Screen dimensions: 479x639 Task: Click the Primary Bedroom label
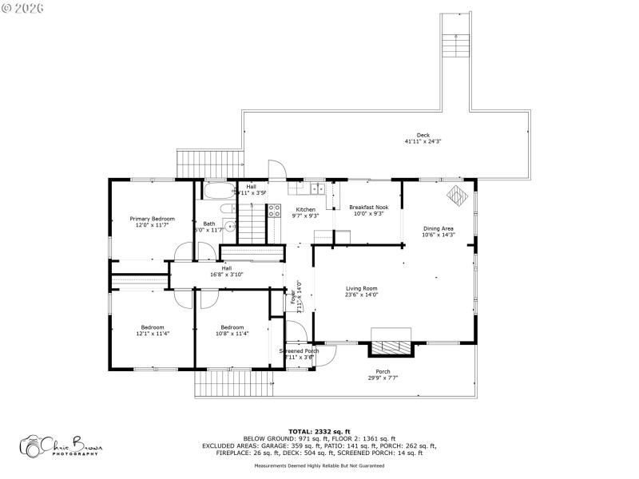[152, 221]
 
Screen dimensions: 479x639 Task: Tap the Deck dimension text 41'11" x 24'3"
[423, 141]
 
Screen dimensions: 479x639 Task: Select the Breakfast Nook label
[368, 211]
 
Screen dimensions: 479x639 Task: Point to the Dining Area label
[439, 232]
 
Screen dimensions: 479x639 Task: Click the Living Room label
[362, 291]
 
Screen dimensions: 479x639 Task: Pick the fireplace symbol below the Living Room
[391, 347]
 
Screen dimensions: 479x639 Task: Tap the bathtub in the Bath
[215, 192]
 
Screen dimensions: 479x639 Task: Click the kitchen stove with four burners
[274, 211]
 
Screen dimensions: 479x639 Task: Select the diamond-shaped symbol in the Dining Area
[455, 194]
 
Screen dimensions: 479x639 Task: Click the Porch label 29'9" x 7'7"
[383, 374]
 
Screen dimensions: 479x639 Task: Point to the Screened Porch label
[299, 354]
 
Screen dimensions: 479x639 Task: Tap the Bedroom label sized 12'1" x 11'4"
[153, 330]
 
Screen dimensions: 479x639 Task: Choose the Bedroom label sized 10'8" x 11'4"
[232, 330]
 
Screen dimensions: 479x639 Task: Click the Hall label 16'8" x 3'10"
[226, 271]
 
